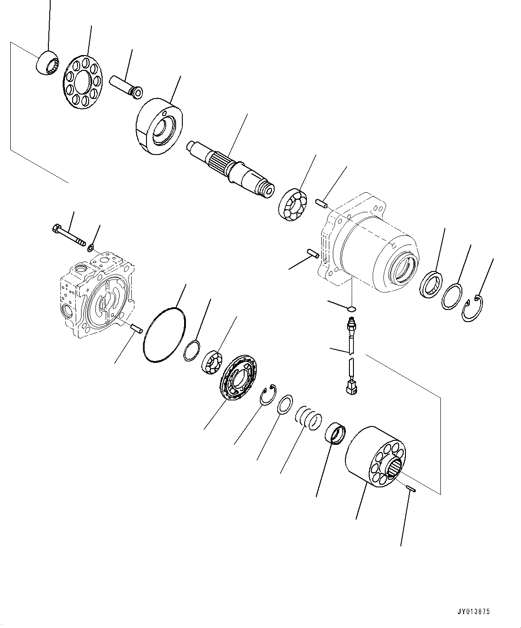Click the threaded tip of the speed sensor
[x=351, y=323]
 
